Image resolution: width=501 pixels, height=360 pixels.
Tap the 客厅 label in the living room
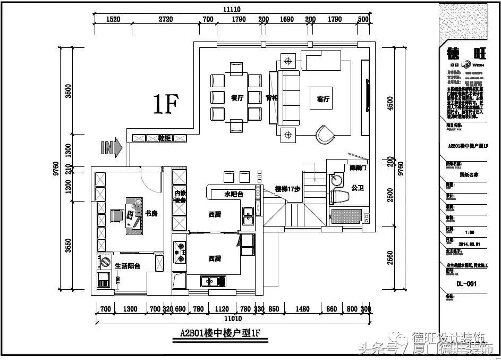[x=323, y=99]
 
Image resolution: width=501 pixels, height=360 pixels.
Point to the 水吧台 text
[x=233, y=194]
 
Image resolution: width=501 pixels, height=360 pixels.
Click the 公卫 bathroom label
[x=358, y=188]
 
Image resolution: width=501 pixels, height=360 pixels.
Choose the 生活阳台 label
[x=128, y=265]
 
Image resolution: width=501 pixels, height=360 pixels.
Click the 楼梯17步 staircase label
[x=288, y=189]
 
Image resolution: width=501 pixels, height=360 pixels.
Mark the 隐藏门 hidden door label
[x=359, y=168]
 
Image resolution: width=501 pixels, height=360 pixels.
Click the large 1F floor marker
[x=165, y=104]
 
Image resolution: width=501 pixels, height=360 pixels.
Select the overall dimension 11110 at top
[x=232, y=9]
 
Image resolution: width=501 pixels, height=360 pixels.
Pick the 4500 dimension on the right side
[x=390, y=103]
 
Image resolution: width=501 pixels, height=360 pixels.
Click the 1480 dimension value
[x=302, y=309]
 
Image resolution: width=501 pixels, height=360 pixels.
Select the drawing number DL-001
[x=466, y=284]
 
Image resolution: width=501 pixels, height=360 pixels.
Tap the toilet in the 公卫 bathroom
[x=339, y=196]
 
